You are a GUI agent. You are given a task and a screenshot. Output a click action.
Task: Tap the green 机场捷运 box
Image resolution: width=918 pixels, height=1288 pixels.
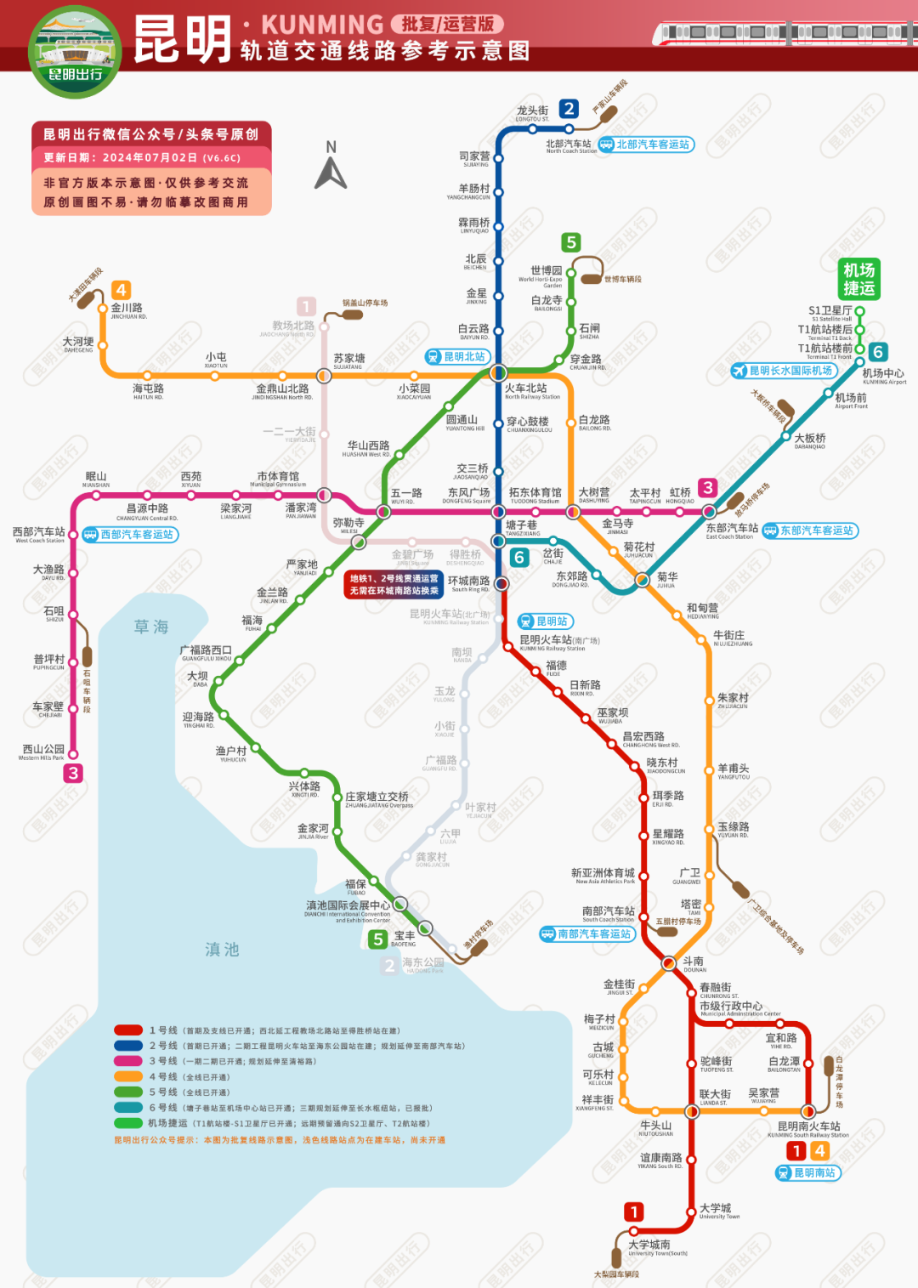click(x=858, y=280)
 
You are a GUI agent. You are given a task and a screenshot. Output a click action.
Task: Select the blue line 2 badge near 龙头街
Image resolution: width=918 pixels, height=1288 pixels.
click(x=569, y=109)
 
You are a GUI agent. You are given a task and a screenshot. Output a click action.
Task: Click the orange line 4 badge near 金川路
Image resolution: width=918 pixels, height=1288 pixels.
click(x=121, y=290)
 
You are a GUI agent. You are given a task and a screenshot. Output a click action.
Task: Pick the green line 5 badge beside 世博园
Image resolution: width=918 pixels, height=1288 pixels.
click(x=571, y=242)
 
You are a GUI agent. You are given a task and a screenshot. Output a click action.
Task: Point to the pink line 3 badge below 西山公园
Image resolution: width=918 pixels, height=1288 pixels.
click(x=73, y=773)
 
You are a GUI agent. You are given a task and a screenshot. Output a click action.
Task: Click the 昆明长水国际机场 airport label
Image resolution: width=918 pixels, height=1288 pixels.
click(x=783, y=371)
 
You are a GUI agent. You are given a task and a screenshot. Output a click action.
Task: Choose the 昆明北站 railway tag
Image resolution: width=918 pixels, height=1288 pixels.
click(x=457, y=356)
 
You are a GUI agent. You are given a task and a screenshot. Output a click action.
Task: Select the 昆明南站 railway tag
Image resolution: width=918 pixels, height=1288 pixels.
click(x=807, y=1172)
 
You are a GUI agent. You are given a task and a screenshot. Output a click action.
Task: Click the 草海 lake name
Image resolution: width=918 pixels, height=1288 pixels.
click(x=151, y=627)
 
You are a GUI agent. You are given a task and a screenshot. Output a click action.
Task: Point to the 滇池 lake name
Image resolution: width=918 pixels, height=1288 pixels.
click(x=222, y=950)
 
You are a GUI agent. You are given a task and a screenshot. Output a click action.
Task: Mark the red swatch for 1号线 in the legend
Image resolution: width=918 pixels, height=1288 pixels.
click(x=128, y=1030)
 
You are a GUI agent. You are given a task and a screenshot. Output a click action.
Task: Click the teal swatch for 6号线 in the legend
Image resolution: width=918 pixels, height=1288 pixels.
click(x=128, y=1108)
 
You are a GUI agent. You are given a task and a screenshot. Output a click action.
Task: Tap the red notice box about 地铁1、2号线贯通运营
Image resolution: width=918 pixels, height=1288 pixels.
click(x=394, y=584)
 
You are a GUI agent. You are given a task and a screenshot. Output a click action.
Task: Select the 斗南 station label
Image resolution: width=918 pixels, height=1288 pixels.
click(x=694, y=962)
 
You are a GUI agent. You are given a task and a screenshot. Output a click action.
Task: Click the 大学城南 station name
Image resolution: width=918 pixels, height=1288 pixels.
click(x=649, y=1245)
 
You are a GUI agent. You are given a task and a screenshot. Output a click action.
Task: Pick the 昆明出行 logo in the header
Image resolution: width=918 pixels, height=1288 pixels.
click(x=75, y=51)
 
